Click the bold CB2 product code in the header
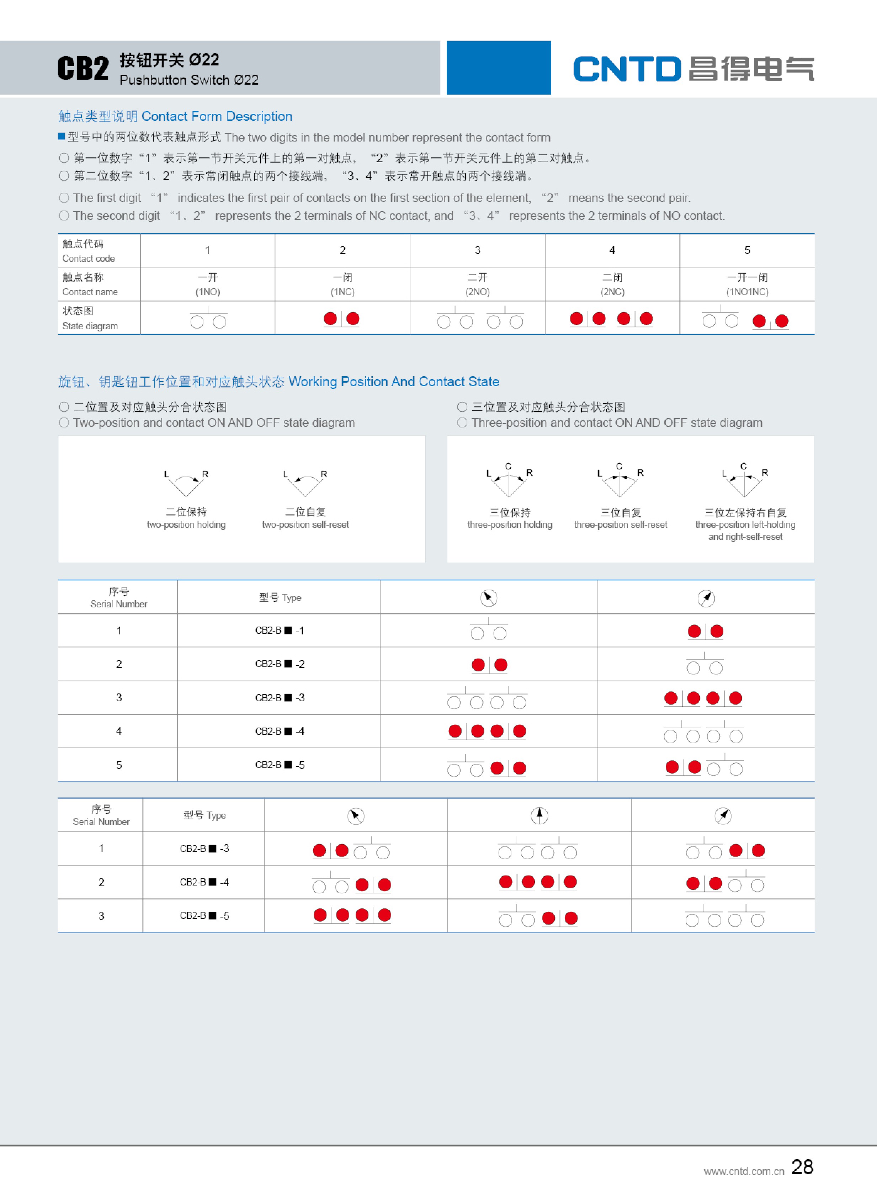[83, 69]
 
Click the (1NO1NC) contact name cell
[747, 291]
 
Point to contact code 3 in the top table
[477, 250]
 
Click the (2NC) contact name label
[612, 291]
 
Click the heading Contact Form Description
[217, 116]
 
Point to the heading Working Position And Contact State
[393, 381]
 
